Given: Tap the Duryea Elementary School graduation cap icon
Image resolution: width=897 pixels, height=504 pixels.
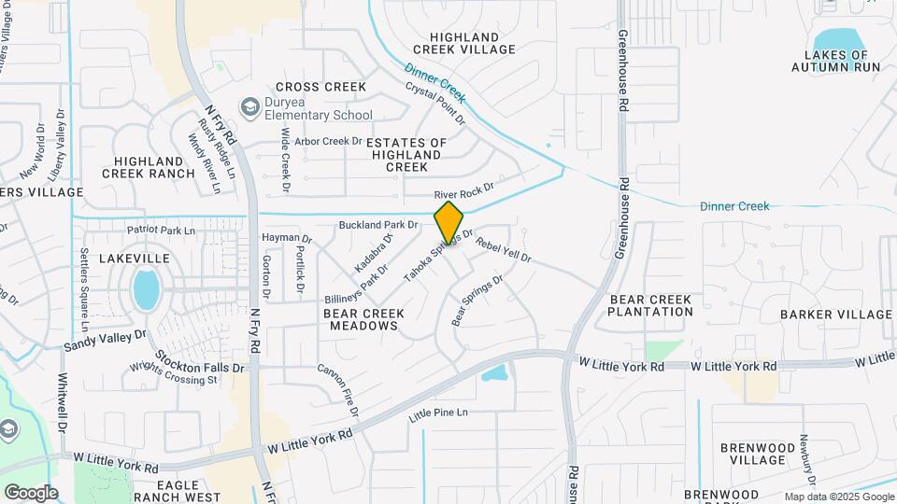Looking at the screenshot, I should tap(250, 107).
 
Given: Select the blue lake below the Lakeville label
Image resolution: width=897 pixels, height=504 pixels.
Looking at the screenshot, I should tap(146, 289).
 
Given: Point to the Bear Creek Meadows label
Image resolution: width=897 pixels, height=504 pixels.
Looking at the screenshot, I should tap(364, 320).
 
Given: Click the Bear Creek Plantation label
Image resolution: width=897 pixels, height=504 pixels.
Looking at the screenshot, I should tap(650, 305).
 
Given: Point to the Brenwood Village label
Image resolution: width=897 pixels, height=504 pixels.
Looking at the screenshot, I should tap(752, 454).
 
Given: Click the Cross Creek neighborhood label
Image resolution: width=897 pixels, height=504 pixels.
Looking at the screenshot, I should tap(320, 87).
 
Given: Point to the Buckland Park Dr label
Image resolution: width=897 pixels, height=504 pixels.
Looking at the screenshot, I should tap(378, 225).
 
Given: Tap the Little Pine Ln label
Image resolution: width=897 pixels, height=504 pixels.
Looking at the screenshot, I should tap(437, 413).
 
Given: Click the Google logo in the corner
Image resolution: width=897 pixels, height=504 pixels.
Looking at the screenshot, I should tap(31, 493).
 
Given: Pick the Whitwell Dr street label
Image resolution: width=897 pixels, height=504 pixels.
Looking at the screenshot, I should tap(64, 402).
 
